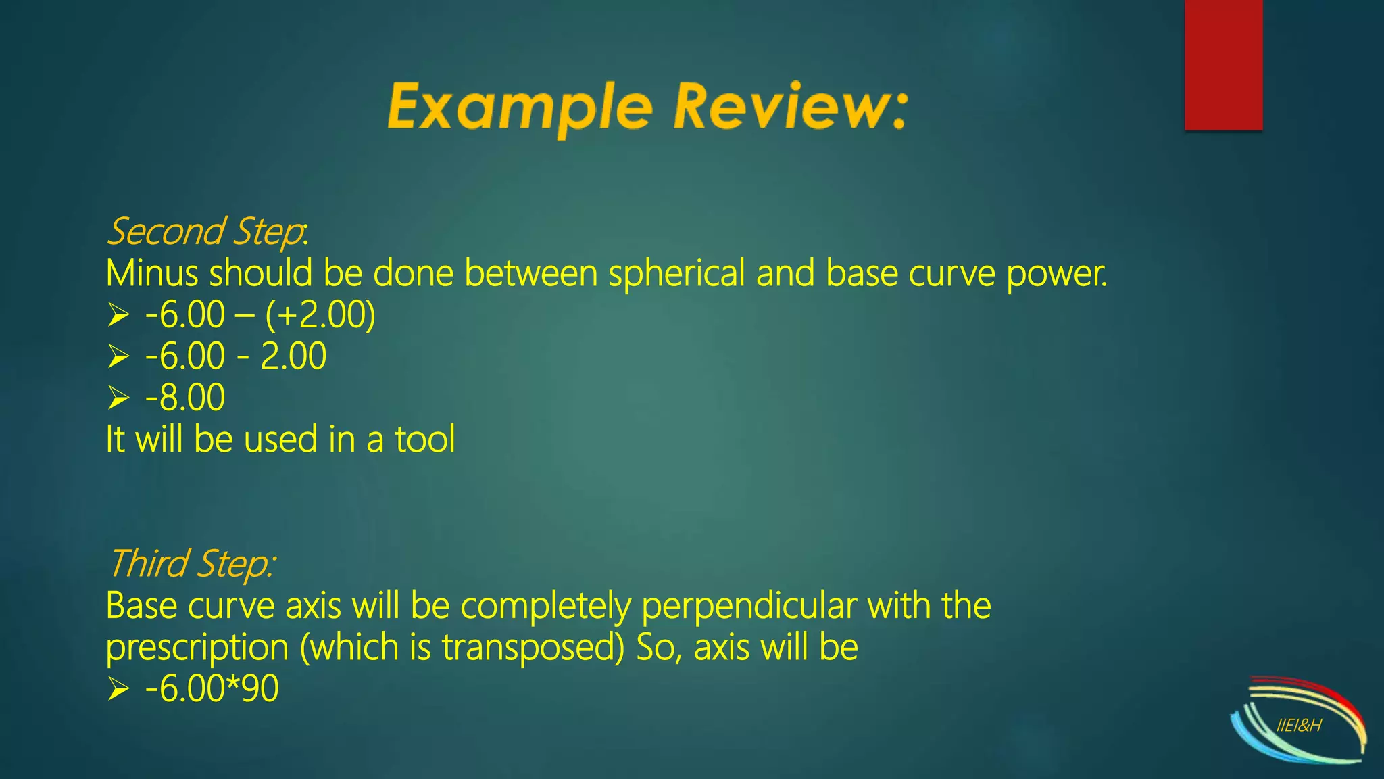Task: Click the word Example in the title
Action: pyautogui.click(x=520, y=107)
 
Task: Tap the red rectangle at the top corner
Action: pyautogui.click(x=1223, y=64)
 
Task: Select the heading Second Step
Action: pyautogui.click(x=206, y=232)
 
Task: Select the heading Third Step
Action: pyautogui.click(x=191, y=564)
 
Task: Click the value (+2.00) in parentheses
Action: pyautogui.click(x=320, y=315)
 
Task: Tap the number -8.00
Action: pyautogui.click(x=184, y=398)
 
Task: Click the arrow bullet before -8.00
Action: pyautogui.click(x=118, y=398)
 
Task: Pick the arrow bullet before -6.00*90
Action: pyautogui.click(x=118, y=689)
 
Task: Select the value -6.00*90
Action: pyautogui.click(x=212, y=689)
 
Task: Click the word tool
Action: pyautogui.click(x=424, y=440)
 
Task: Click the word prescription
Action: pyautogui.click(x=197, y=648)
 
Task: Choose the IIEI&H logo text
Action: pyautogui.click(x=1299, y=726)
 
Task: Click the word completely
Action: pyautogui.click(x=545, y=606)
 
